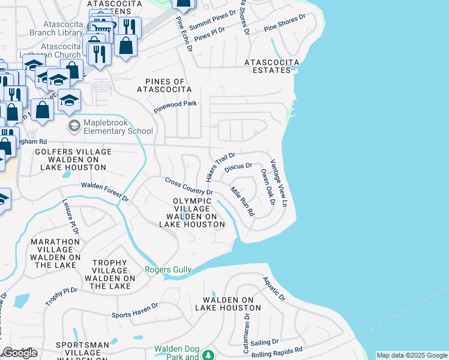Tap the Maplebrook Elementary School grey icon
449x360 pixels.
click(74, 126)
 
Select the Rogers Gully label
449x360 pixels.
click(168, 270)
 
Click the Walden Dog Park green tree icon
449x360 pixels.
click(208, 356)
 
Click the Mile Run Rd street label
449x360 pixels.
click(243, 202)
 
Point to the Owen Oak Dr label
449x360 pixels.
click(267, 187)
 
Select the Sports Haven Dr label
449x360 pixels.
click(135, 310)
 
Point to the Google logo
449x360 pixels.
click(20, 353)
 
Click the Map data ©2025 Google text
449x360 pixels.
click(412, 355)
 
